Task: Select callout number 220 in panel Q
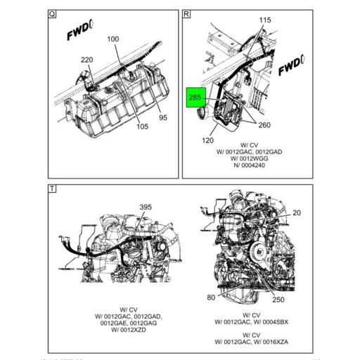point(87,60)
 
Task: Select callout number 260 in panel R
point(264,126)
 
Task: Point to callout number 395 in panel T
point(145,207)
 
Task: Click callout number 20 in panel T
point(296,212)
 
